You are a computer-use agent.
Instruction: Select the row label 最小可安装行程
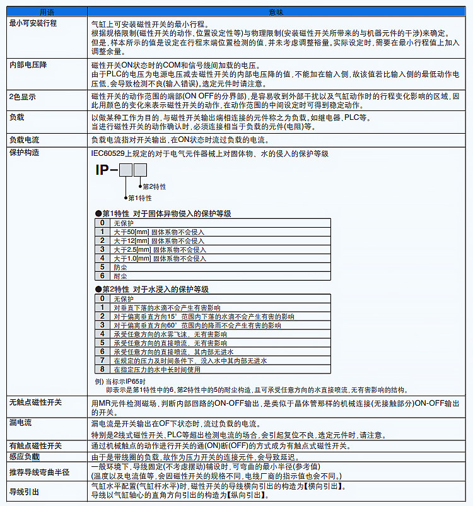tap(33, 23)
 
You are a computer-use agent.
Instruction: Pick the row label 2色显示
tap(22, 97)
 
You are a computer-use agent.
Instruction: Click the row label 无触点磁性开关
tap(35, 403)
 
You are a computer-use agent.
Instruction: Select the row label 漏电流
tap(21, 423)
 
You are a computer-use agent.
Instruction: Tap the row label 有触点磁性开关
tap(35, 446)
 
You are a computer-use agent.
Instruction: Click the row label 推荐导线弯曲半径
tap(39, 472)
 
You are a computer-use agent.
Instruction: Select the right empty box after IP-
tap(140, 170)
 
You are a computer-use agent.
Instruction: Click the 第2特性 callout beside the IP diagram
tap(155, 187)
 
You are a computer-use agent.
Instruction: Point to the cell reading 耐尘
tap(120, 276)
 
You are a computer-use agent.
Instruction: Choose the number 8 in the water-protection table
tap(102, 369)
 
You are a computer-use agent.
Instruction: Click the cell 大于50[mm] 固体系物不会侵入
tap(160, 232)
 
